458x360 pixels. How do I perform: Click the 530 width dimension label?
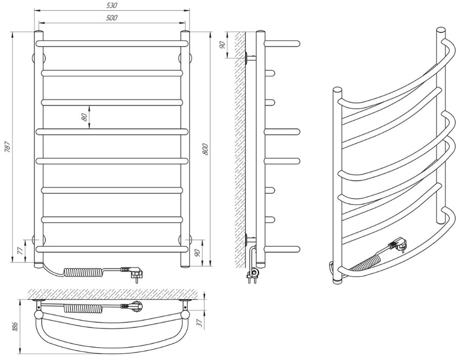point(112,5)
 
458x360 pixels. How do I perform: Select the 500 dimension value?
point(112,18)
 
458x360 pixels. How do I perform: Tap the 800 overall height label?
point(205,149)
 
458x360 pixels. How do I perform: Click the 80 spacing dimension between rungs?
point(84,117)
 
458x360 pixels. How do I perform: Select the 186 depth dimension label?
point(15,326)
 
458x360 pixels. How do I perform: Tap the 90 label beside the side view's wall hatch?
point(223,45)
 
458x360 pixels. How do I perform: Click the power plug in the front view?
point(133,272)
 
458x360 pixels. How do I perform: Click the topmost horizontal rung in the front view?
point(112,44)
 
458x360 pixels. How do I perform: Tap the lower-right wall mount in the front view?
point(185,239)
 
